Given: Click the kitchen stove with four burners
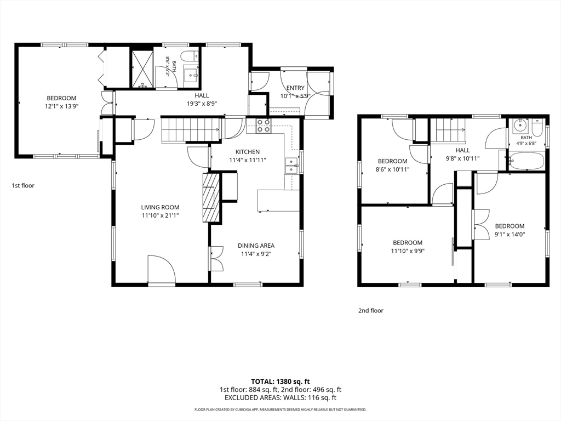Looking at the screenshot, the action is pos(264,126).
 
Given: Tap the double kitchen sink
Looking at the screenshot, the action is pos(292,166).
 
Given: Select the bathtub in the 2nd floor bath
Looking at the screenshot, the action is pos(526,161).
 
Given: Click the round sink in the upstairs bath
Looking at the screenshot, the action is pos(519,126).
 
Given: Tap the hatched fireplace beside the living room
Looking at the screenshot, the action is pos(210,197).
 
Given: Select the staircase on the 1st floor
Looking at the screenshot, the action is pos(190,130).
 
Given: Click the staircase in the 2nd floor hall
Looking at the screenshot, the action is pos(450,130).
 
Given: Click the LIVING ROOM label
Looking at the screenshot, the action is pos(160,207).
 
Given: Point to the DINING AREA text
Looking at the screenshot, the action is pos(256,246).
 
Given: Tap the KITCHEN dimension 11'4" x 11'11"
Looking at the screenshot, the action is pos(247,161).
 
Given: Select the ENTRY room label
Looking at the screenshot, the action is pos(295,88).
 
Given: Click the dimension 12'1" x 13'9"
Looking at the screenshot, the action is pos(61,106).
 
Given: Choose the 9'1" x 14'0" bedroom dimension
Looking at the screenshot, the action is pos(510,235).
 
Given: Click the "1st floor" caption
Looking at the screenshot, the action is pos(23,185).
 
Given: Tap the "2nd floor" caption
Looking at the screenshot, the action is pos(371,310).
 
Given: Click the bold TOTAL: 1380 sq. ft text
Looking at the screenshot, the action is pos(280,382).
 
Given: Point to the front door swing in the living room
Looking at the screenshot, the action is pos(162,269).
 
